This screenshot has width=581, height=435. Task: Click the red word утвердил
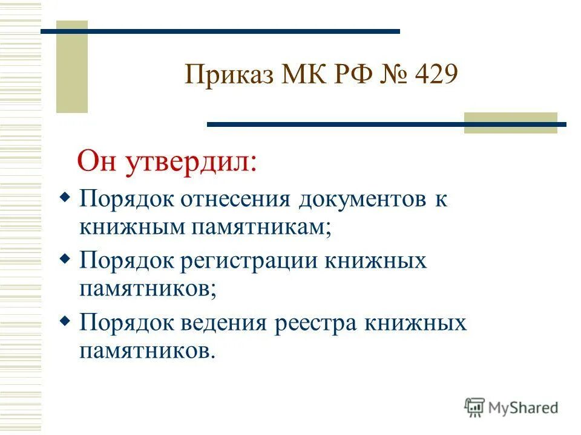coord(191,163)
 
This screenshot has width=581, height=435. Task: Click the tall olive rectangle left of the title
coord(72,66)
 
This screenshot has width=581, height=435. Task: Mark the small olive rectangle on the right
coord(510,122)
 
